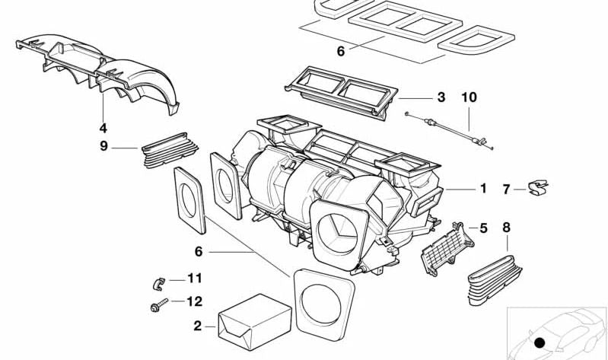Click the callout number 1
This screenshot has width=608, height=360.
tap(482, 188)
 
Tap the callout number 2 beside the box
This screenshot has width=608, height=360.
tap(198, 326)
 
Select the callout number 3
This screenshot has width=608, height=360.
tap(441, 97)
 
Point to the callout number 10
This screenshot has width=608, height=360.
tap(469, 97)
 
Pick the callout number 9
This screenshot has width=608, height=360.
tap(103, 146)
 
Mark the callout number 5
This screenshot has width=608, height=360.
tap(482, 228)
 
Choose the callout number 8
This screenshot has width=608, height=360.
tap(506, 226)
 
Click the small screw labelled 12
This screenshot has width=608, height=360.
tap(156, 307)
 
